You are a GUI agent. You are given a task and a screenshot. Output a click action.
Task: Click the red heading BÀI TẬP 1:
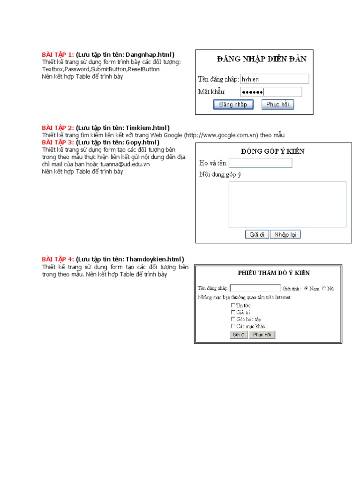click(x=58, y=55)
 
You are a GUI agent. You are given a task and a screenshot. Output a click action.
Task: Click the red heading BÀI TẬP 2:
click(x=58, y=128)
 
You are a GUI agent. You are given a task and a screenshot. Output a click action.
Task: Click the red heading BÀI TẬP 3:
click(x=58, y=142)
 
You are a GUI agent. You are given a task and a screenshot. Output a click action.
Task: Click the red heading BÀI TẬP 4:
click(x=58, y=259)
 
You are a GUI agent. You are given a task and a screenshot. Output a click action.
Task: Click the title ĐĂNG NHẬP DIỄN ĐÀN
click(x=262, y=59)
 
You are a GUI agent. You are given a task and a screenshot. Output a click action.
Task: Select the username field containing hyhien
click(x=274, y=79)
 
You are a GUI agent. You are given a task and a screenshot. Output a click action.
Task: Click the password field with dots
click(x=271, y=92)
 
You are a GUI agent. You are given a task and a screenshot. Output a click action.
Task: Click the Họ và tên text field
click(x=260, y=163)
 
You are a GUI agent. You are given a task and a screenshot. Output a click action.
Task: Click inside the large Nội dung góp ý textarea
click(x=287, y=204)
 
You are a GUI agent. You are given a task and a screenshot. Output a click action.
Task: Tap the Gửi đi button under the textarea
click(x=257, y=234)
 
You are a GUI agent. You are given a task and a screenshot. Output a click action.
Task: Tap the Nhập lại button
click(x=285, y=234)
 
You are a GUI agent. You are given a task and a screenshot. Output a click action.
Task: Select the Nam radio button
click(x=307, y=289)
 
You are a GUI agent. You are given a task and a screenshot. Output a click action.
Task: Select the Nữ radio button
click(x=324, y=289)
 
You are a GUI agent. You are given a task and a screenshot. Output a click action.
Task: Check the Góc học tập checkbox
click(x=233, y=319)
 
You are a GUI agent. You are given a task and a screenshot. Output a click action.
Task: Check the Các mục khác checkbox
click(x=233, y=326)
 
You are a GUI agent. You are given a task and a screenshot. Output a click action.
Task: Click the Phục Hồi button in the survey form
click(x=262, y=335)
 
